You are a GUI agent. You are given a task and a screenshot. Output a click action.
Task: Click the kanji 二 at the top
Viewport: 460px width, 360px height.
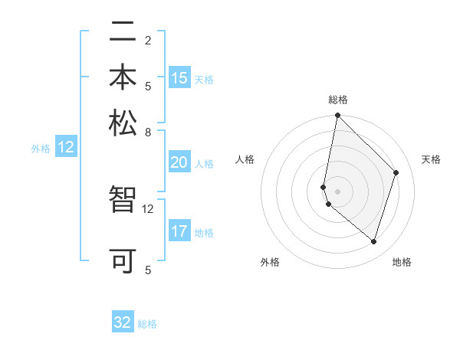pos(123,33)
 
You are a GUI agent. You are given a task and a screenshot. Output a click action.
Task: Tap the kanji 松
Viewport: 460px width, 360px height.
pos(123,123)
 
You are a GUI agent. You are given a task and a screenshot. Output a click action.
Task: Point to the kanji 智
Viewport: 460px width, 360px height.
pos(123,201)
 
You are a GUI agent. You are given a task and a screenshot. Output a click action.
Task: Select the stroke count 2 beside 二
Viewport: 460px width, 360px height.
pos(148,40)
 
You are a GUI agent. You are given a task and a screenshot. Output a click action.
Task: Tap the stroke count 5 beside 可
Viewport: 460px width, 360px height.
pos(148,269)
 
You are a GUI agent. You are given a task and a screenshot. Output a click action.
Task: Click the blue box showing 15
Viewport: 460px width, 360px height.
pos(179,77)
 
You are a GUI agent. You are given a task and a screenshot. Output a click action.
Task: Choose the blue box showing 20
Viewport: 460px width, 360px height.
pos(179,162)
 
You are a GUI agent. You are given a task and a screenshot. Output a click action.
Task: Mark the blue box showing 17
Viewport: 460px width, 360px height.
pos(179,231)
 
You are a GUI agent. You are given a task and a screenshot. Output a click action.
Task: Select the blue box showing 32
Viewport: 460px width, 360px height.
pos(123,322)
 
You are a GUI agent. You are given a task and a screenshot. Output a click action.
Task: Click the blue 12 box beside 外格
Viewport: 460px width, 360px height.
pos(66,147)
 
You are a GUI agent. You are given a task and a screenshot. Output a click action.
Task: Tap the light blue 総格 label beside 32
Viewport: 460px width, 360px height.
pos(147,324)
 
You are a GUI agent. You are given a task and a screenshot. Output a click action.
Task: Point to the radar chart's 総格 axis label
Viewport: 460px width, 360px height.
pos(338,100)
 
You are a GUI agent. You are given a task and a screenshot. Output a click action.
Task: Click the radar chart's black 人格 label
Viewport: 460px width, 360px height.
pos(245,159)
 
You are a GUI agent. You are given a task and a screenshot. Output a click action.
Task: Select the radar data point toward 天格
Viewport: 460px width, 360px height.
pos(396,172)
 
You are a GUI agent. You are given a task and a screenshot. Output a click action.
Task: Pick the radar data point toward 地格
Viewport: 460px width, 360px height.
pos(374,241)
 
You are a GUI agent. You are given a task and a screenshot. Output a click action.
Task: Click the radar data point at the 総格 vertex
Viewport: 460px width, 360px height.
pos(337,116)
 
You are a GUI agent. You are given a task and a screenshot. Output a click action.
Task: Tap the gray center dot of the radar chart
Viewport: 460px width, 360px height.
pos(337,191)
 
